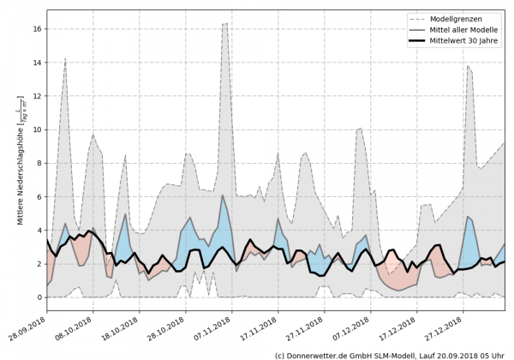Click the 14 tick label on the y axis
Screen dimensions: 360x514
pyautogui.click(x=38, y=62)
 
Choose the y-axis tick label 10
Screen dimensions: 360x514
pyautogui.click(x=38, y=129)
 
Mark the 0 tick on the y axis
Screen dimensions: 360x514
pyautogui.click(x=40, y=297)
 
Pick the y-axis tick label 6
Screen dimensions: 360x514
pyautogui.click(x=40, y=196)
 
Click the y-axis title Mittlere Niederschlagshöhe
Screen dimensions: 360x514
pyautogui.click(x=20, y=163)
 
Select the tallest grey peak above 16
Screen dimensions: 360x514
pyautogui.click(x=225, y=23)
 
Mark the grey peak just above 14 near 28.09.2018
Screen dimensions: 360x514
pyautogui.click(x=65, y=58)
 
